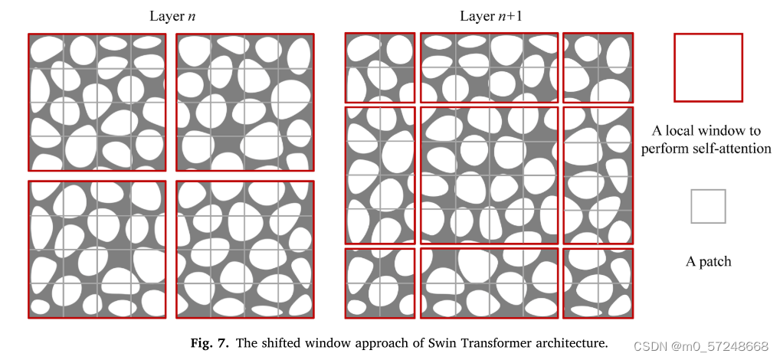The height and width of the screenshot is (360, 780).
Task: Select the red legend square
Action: pos(708,67)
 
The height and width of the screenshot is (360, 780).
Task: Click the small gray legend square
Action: pos(708,207)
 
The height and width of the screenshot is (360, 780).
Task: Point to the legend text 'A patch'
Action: pos(708,261)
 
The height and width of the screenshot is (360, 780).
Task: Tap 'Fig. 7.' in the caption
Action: pos(209,343)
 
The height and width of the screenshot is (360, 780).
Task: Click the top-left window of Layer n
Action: pos(97,102)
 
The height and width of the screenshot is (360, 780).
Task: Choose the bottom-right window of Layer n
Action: pos(244,249)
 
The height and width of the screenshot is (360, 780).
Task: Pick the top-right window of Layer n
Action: pos(244,102)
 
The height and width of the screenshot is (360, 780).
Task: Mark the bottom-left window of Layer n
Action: pos(97,249)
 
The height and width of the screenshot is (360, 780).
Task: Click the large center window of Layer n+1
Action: pos(489,175)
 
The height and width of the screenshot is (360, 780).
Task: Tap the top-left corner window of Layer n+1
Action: pos(379,67)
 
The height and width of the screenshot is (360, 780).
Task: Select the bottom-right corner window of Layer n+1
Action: pos(598,283)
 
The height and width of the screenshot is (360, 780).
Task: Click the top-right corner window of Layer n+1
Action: pos(598,67)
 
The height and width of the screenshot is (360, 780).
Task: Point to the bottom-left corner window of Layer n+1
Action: pos(379,283)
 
